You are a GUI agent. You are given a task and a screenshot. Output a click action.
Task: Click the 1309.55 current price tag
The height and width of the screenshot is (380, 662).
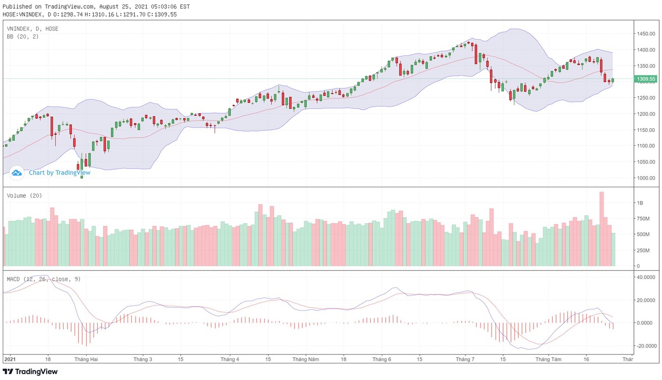pos(646,79)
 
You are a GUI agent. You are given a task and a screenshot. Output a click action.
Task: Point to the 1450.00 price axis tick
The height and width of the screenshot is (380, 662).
pos(646,34)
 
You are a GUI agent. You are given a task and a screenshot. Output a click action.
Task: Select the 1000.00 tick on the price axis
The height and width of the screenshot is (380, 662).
pos(646,178)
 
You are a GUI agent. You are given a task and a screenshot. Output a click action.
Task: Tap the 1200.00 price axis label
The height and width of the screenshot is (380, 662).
pos(646,114)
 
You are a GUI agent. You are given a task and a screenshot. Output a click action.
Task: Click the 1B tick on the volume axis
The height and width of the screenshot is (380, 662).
pos(639,203)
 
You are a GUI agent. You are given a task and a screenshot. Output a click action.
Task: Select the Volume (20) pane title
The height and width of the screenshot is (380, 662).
pos(24,196)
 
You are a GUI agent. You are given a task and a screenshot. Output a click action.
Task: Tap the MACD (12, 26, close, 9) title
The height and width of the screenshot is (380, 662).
pos(44,279)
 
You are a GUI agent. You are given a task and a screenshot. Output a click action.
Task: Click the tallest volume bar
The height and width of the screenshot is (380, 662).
pos(601,229)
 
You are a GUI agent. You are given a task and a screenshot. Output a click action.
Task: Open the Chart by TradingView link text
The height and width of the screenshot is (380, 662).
pos(60,172)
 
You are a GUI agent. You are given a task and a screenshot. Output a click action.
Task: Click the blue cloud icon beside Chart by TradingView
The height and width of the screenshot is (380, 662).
pos(17,173)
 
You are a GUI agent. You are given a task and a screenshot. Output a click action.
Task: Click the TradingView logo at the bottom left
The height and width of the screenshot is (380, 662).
pos(30,372)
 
